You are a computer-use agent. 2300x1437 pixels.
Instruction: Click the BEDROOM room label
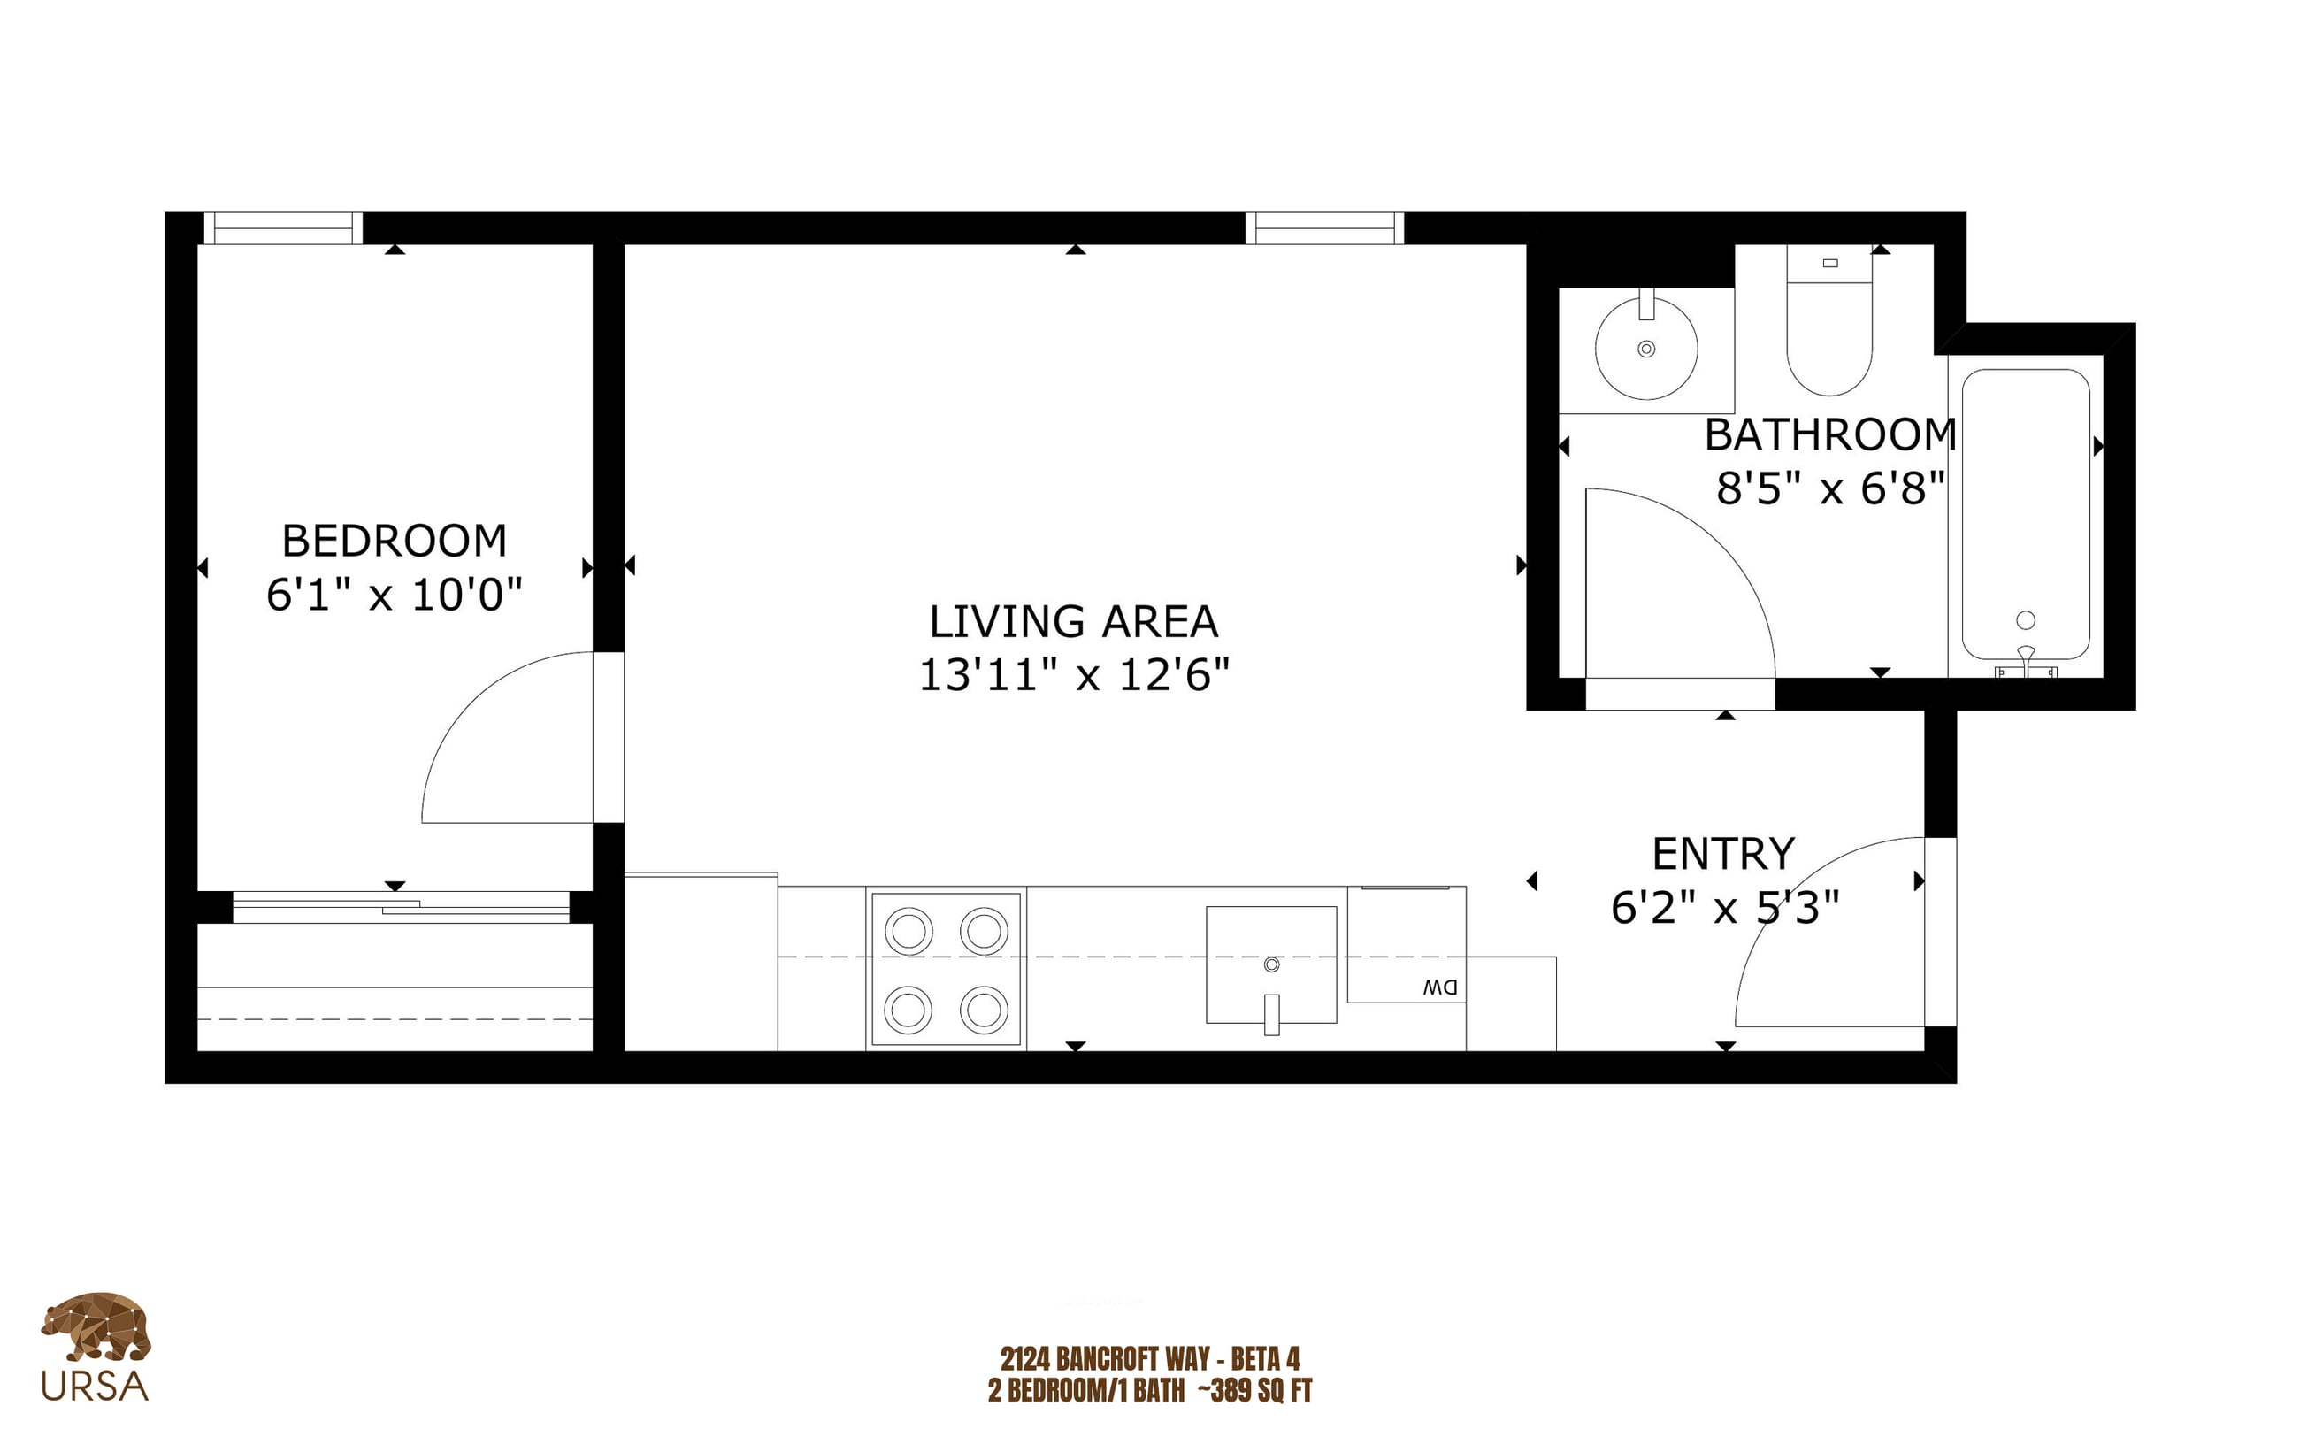[x=395, y=541]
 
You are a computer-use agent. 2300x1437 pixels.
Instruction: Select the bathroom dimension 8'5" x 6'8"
[x=1830, y=488]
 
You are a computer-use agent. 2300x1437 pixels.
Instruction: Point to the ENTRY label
[x=1723, y=854]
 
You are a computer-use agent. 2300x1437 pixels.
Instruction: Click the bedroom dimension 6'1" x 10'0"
[x=395, y=595]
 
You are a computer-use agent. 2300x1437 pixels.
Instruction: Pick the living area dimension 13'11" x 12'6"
[x=1074, y=675]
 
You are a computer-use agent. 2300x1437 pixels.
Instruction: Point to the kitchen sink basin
[x=1271, y=964]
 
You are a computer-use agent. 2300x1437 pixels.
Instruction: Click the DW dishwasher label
[x=1439, y=987]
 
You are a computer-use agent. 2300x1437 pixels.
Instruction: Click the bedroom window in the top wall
[x=283, y=228]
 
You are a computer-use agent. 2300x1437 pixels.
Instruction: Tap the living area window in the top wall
[x=1324, y=228]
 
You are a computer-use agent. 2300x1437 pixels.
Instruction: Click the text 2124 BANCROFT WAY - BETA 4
[x=1149, y=1358]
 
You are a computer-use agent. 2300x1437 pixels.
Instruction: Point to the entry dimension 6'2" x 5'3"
[x=1725, y=908]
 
